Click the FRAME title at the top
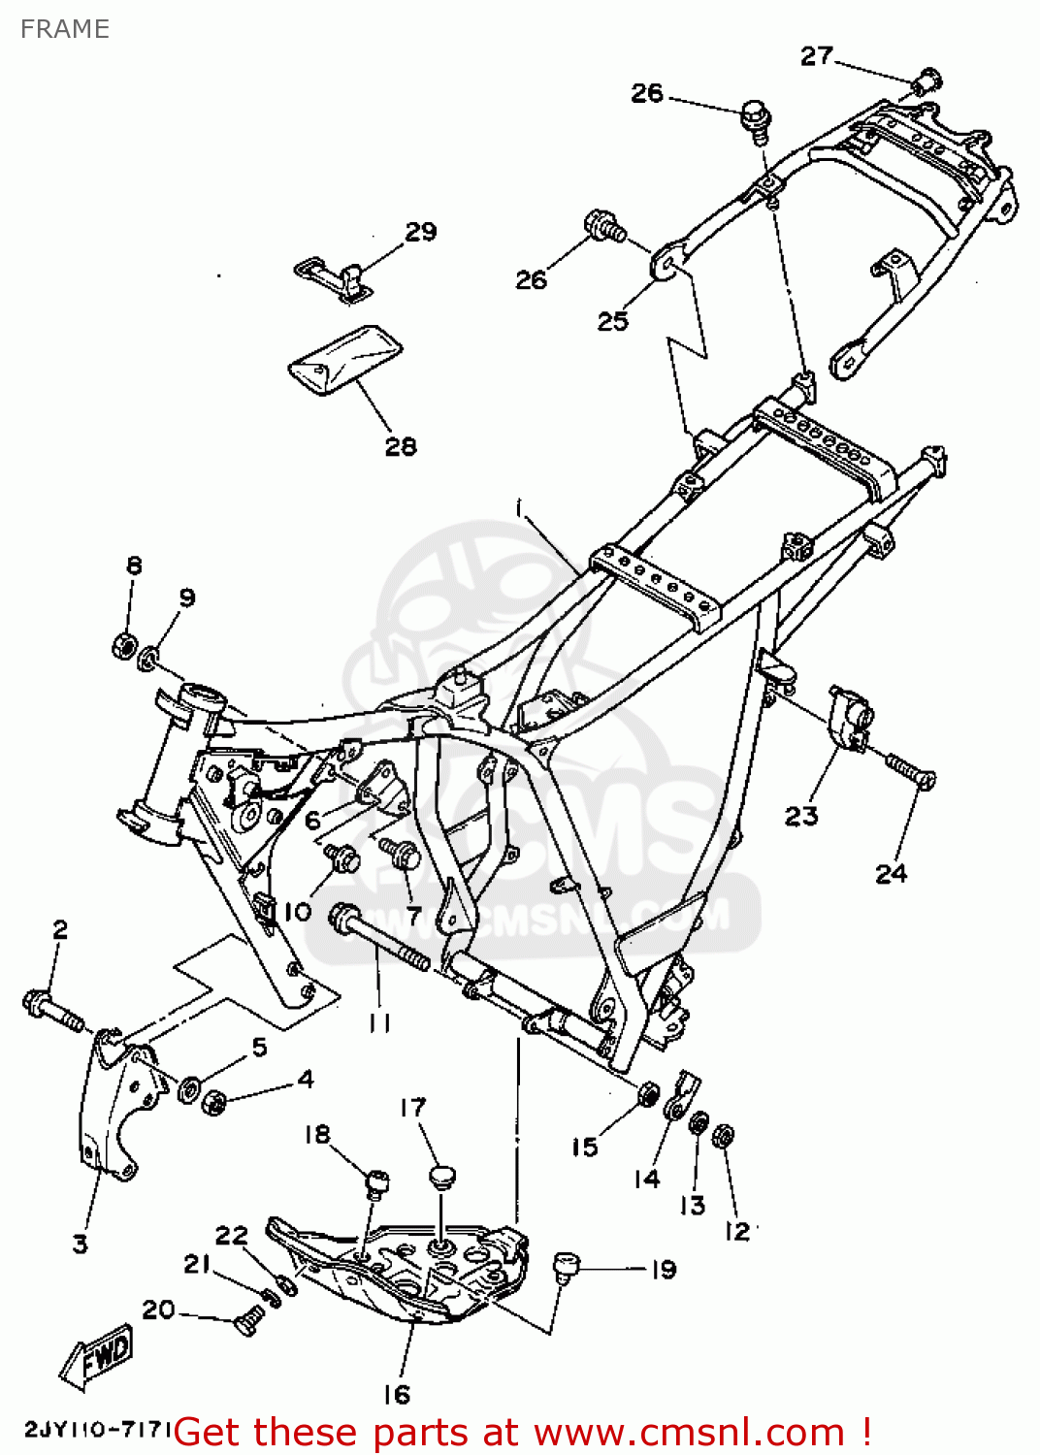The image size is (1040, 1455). [64, 29]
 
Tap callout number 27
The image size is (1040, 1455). [816, 56]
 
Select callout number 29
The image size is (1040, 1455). [420, 232]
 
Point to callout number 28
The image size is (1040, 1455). [401, 446]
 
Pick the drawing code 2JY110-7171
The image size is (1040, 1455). [97, 1429]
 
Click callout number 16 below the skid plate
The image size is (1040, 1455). [396, 1395]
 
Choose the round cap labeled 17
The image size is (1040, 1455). [441, 1177]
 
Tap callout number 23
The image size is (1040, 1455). [801, 816]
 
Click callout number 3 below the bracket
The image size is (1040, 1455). [81, 1244]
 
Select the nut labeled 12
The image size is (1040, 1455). [723, 1136]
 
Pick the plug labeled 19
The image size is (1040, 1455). [565, 1265]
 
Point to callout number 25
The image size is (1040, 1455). [612, 320]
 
